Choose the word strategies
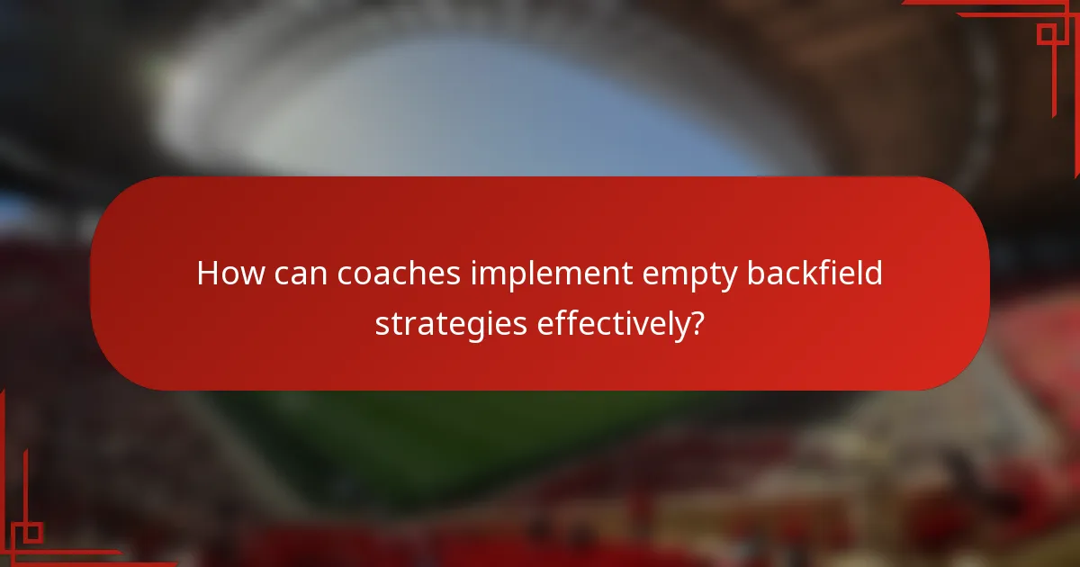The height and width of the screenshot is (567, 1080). [450, 323]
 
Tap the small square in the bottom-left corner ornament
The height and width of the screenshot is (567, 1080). [32, 532]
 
